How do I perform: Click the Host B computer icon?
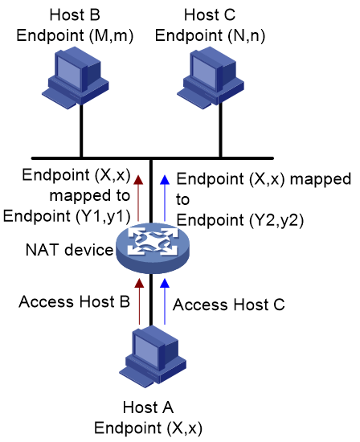(76, 79)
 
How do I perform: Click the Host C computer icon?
(211, 79)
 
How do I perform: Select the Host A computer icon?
(153, 357)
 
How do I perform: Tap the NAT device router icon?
(153, 248)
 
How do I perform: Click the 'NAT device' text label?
(69, 250)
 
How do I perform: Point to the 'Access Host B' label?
(75, 301)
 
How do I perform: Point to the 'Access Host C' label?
(229, 305)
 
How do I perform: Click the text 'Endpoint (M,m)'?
(75, 36)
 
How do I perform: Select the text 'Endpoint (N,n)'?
(210, 36)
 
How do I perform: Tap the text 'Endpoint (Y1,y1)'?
(67, 216)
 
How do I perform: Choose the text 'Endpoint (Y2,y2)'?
(240, 220)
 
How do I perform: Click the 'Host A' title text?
(148, 407)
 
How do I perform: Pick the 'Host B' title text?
(75, 14)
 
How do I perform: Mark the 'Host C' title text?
(210, 14)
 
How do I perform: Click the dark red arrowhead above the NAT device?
(138, 179)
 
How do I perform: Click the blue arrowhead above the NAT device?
(165, 179)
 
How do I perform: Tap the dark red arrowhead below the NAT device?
(139, 283)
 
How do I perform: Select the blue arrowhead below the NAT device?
(165, 283)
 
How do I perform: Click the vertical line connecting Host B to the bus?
(81, 130)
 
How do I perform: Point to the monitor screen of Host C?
(204, 71)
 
